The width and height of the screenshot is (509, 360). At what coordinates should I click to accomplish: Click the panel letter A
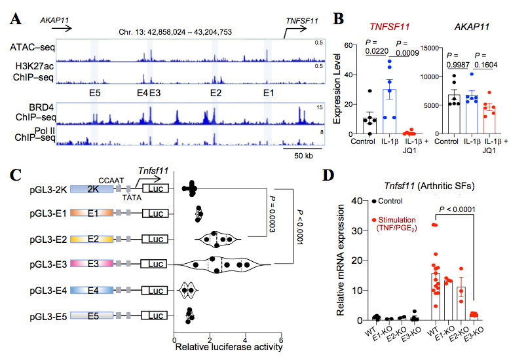tap(17, 20)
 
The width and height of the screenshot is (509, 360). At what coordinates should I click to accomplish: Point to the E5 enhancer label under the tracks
tap(95, 93)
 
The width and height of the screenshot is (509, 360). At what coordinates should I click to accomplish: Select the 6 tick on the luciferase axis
tap(282, 340)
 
